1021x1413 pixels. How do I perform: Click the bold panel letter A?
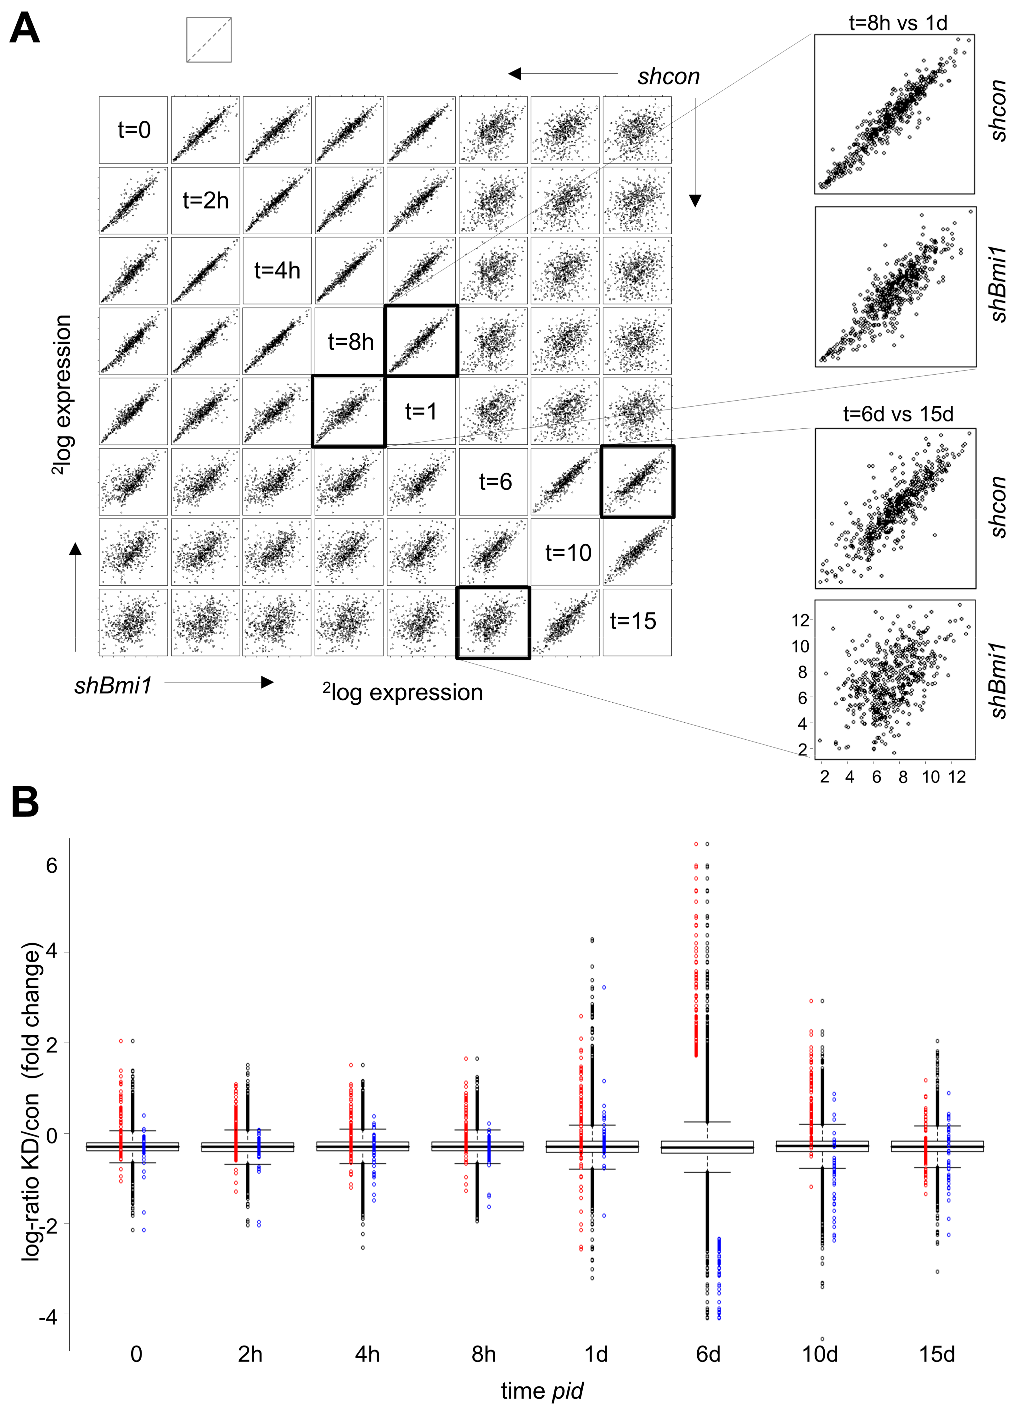(25, 29)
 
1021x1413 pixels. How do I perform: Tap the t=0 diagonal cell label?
(134, 130)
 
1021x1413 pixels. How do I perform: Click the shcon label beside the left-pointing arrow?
(668, 77)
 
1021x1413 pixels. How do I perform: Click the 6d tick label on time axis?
(708, 1355)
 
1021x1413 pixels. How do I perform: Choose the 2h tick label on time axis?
(250, 1355)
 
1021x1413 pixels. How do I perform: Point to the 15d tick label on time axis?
(937, 1355)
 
